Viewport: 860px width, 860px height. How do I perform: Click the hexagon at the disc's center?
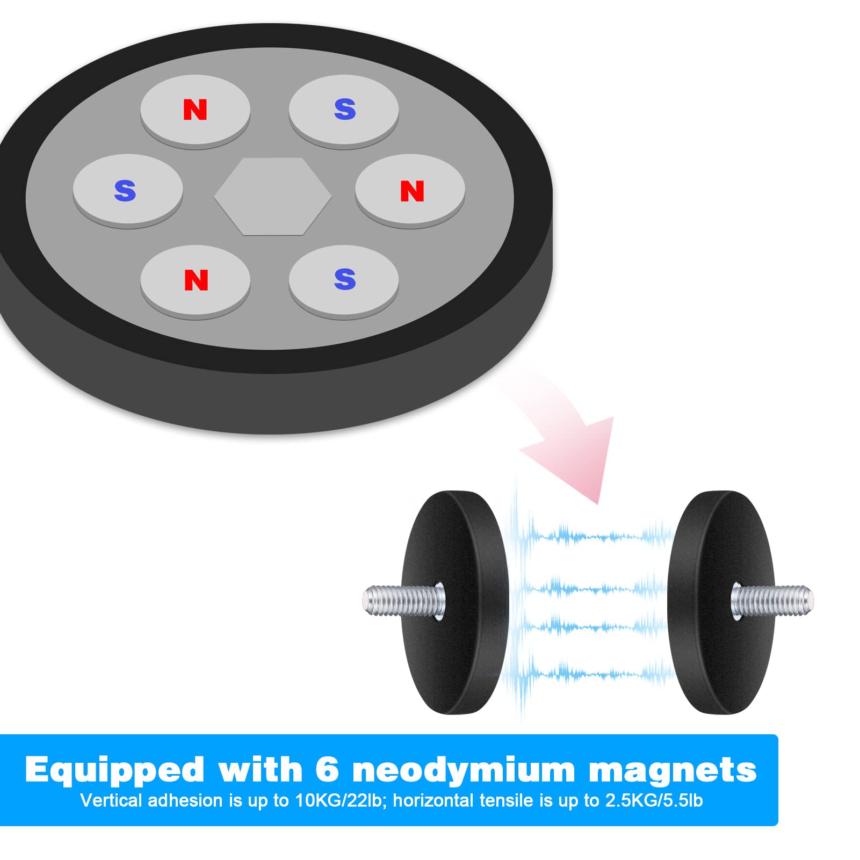coord(273,196)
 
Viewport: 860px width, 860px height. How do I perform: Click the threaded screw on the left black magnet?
coord(404,600)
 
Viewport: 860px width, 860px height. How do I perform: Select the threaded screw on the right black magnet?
coord(772,600)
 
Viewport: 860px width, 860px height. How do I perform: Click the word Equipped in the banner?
coord(114,771)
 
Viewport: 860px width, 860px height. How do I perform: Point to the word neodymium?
coord(464,771)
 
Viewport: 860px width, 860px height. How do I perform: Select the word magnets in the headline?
coord(673,771)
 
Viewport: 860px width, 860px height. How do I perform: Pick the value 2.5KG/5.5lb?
coord(654,800)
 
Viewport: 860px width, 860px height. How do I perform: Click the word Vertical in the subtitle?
coord(111,800)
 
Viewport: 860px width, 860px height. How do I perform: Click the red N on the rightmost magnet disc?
coord(412,191)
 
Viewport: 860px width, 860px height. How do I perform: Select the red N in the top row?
coord(195,110)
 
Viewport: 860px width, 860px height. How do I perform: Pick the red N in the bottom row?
coord(196,280)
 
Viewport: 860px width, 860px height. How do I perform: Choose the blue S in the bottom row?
coord(344,279)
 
